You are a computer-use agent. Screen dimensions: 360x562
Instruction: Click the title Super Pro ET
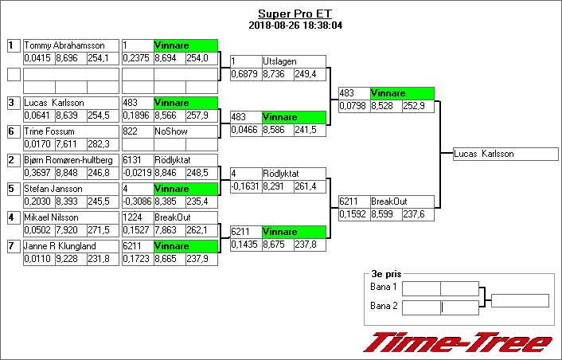295,14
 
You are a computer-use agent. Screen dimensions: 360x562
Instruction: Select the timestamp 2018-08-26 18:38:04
295,25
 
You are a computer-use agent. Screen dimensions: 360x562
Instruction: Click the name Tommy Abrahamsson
59,46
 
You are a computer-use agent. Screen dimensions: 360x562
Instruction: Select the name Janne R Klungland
60,246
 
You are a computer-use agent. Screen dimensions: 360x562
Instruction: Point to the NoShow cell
170,132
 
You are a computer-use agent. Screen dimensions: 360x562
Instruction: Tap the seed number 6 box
13,132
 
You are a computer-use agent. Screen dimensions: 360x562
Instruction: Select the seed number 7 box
13,246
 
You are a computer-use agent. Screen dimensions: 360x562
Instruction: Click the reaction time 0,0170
38,144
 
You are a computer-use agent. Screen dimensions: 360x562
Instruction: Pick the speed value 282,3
98,144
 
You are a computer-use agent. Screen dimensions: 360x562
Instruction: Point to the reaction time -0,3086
137,202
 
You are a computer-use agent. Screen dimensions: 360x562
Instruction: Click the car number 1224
132,217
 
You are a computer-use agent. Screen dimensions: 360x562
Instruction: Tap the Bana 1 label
384,287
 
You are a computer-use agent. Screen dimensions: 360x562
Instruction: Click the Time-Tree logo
458,342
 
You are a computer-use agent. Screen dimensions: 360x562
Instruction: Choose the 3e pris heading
387,273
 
